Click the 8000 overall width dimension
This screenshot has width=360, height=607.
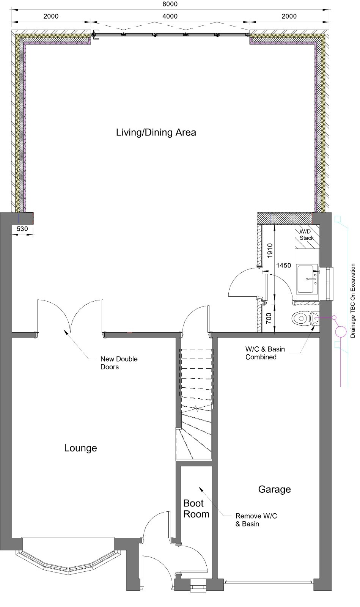(170, 4)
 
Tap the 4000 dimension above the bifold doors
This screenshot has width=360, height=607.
(170, 16)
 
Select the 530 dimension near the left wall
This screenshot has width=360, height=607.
(22, 229)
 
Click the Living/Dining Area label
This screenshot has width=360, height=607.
(156, 132)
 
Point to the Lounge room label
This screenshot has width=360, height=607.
(80, 448)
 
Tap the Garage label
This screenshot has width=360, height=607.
(274, 489)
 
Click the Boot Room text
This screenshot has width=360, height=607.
(196, 509)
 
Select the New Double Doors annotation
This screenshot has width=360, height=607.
(119, 363)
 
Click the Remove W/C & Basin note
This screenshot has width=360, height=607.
(256, 520)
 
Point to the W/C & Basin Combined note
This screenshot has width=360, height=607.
(265, 353)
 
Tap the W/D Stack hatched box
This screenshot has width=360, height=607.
(307, 237)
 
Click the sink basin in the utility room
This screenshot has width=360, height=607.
(307, 279)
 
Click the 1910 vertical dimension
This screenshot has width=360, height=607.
(270, 251)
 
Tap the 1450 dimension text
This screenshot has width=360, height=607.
(284, 265)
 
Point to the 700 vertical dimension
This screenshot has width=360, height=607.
(269, 318)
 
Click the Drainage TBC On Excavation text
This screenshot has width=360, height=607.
(352, 300)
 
